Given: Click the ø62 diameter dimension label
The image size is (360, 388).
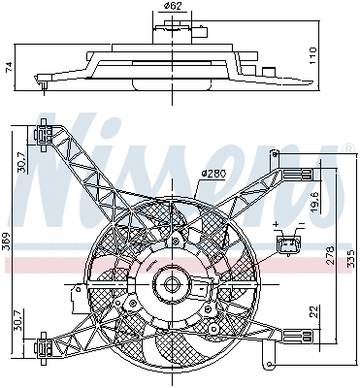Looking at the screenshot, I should point(173,8).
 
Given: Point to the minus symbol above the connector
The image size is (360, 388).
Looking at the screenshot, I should point(302,224).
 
